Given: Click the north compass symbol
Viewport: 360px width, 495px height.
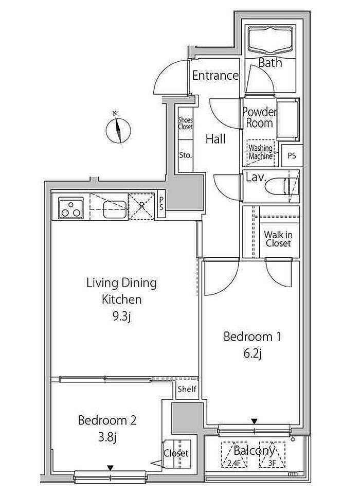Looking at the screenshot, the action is [x=118, y=130].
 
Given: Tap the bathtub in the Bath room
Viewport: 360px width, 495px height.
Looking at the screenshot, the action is [x=271, y=40].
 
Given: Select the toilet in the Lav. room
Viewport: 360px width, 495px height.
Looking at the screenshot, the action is [x=282, y=187].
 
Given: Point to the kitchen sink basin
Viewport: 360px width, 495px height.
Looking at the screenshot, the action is [x=115, y=209].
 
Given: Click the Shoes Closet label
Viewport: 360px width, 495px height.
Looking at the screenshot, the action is [x=185, y=123].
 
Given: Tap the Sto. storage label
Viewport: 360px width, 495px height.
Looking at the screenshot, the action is [x=185, y=155].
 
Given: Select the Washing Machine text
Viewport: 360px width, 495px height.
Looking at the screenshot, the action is [x=261, y=152].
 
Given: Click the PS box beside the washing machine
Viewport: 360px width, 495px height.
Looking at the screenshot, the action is [x=292, y=155].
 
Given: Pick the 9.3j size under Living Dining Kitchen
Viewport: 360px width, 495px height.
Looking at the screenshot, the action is [x=122, y=316].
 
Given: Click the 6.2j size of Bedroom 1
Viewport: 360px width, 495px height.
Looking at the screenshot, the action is [x=253, y=354].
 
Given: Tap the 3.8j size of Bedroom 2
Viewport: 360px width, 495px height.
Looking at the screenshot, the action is [x=107, y=437].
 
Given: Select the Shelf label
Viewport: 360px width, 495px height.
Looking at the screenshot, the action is [x=187, y=389].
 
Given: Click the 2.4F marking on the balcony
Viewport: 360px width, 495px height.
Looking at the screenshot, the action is [x=234, y=464].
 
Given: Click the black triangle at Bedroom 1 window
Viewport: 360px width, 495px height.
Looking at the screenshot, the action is [x=254, y=421].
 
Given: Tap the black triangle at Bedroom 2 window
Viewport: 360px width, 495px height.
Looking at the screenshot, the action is [x=110, y=468].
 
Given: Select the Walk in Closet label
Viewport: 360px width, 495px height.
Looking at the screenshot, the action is [x=278, y=239].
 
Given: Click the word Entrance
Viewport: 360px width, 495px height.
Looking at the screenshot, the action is [x=215, y=76].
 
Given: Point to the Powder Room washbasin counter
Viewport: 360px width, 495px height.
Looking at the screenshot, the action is [x=288, y=119].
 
